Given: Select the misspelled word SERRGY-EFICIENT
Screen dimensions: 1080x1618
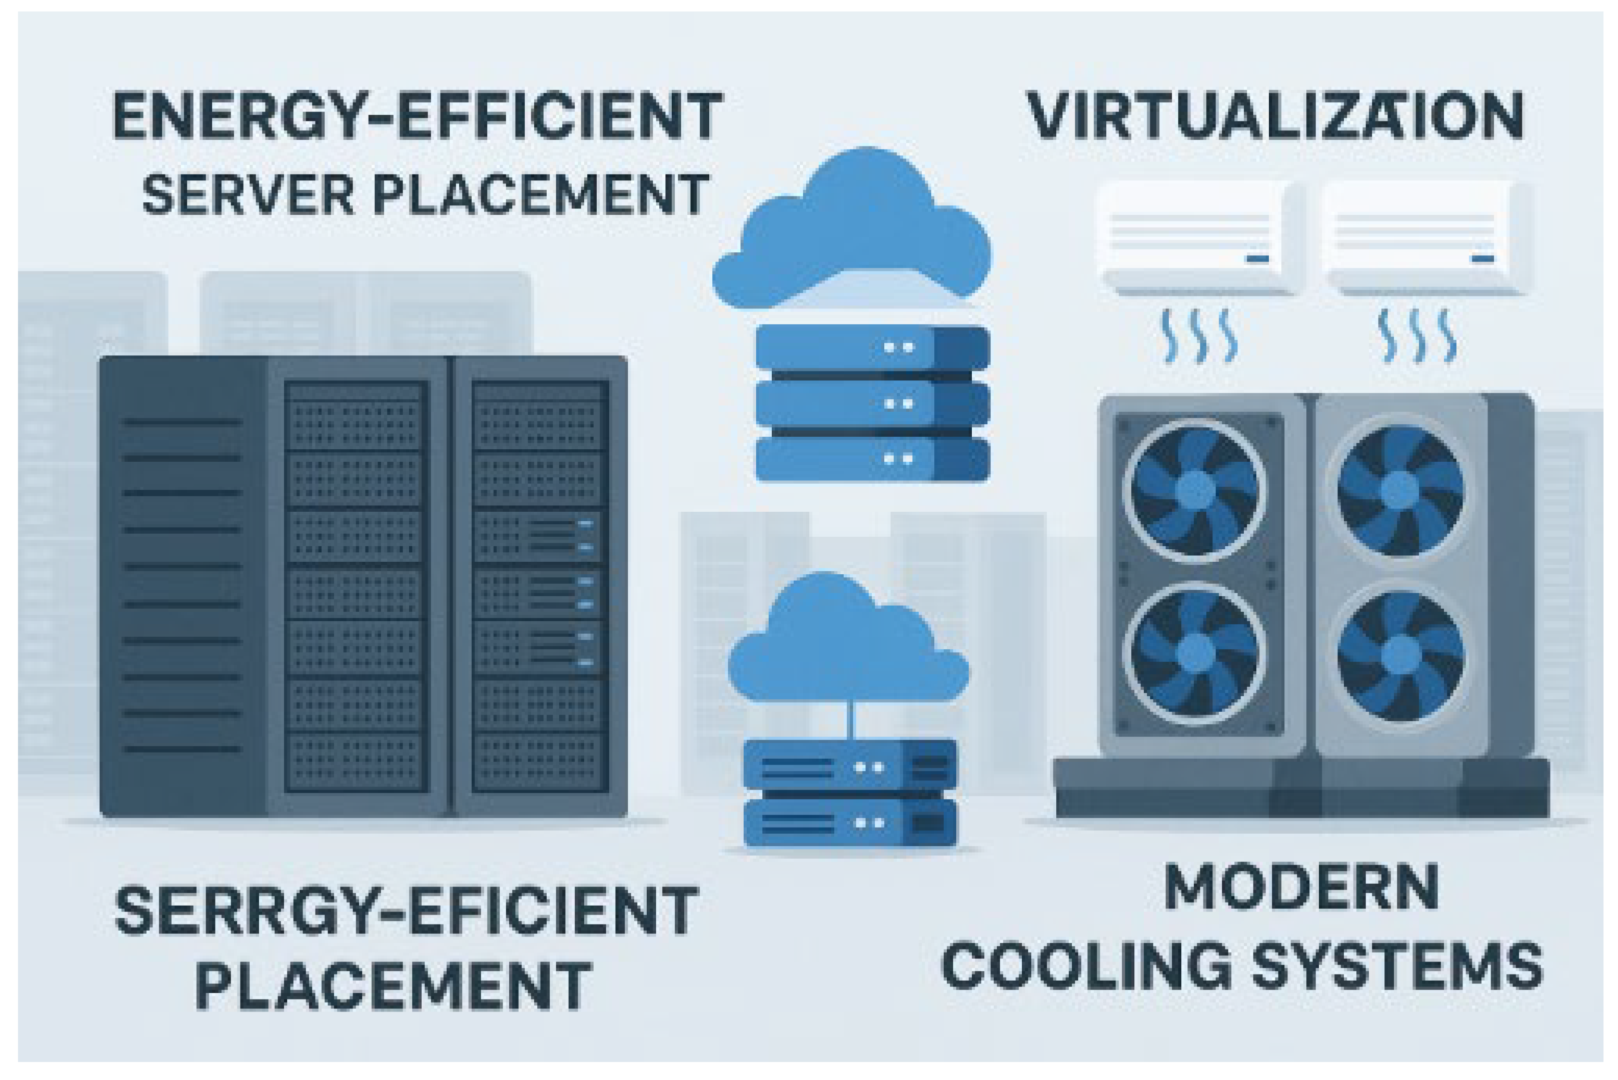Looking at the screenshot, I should point(407,911).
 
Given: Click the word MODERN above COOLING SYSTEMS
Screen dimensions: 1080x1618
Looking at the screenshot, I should point(1301,889).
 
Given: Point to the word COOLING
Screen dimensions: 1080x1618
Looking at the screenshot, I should point(1087,967).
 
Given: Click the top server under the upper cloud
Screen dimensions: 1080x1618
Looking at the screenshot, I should point(872,348).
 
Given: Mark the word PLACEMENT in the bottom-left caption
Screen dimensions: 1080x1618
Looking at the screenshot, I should point(393,987).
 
